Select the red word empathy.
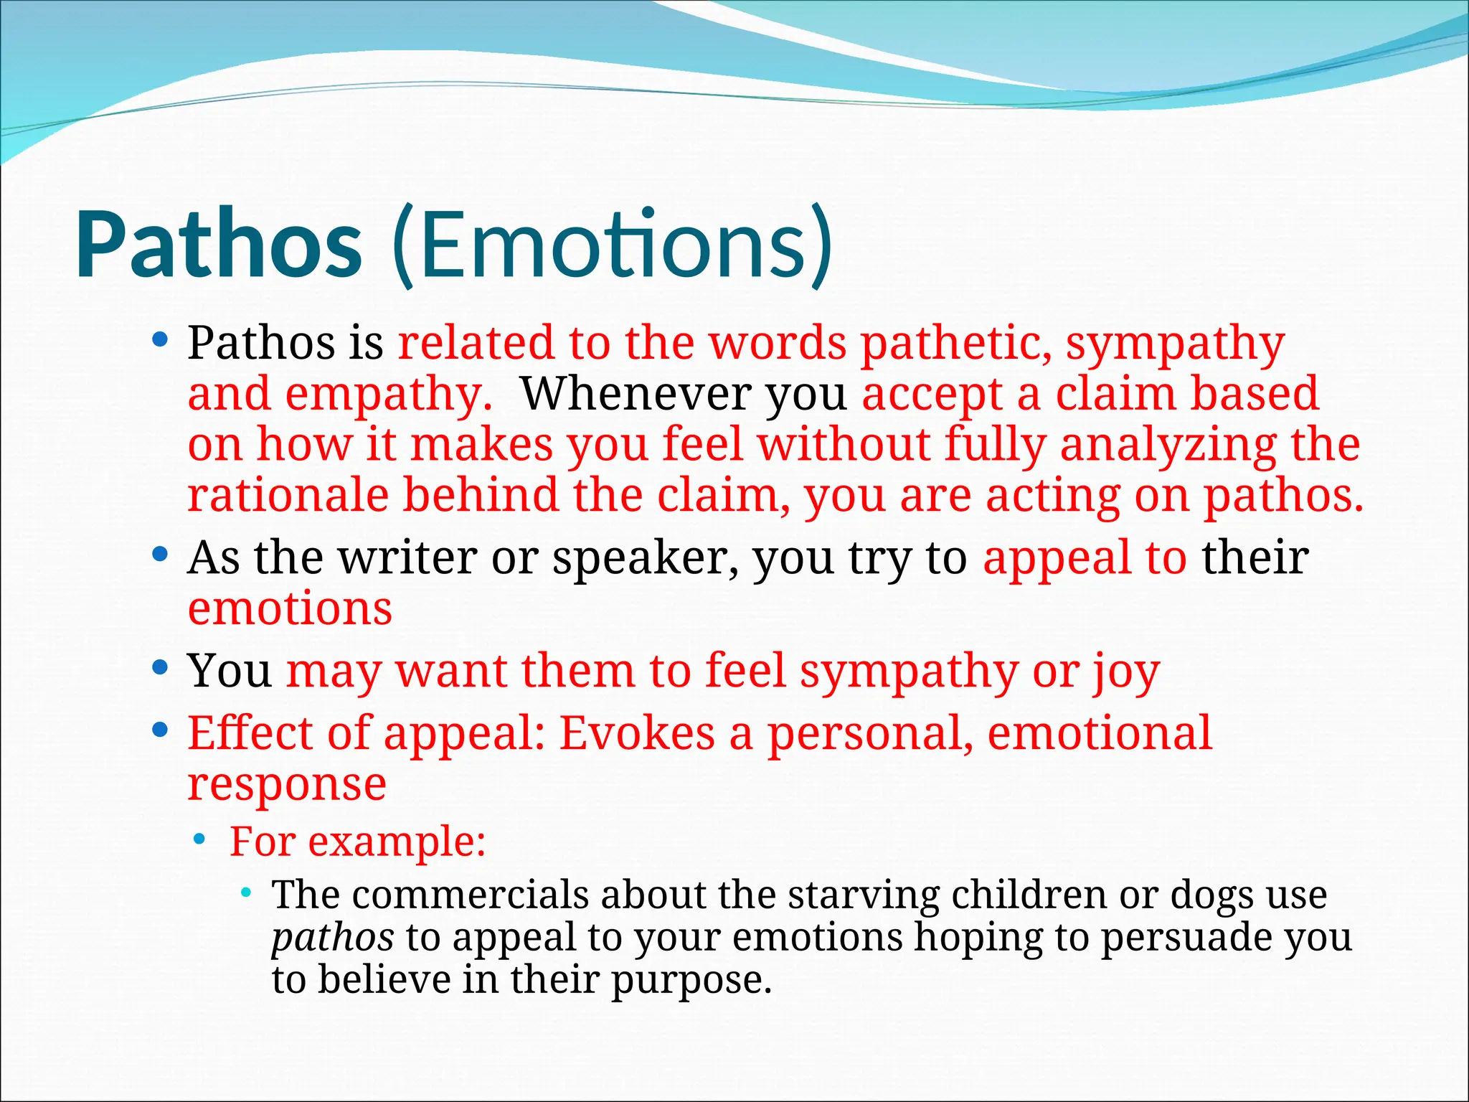(x=388, y=394)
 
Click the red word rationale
(x=287, y=495)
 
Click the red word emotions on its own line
(x=290, y=608)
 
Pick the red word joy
(x=1126, y=672)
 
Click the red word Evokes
(x=637, y=733)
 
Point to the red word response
(x=287, y=784)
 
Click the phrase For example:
(x=357, y=841)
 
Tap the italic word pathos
(x=332, y=938)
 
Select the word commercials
(x=470, y=895)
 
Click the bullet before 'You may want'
(x=160, y=668)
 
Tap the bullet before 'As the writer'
(x=160, y=555)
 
